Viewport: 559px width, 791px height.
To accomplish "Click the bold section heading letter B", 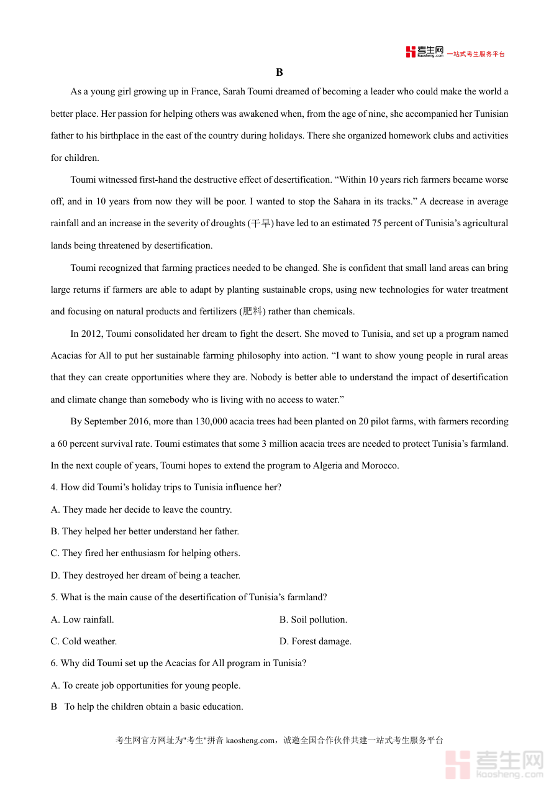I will click(x=279, y=73).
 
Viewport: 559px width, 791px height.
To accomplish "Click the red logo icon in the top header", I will click(x=411, y=52).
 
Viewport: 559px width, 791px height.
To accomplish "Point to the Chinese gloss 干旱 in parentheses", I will click(x=260, y=224).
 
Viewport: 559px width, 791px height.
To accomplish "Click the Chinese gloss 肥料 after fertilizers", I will click(x=252, y=311).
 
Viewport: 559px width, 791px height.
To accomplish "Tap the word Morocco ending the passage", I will click(x=379, y=465).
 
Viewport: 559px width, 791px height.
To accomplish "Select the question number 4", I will click(x=53, y=487).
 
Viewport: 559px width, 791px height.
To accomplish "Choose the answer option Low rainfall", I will click(x=88, y=620).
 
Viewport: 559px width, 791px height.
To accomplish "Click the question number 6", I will click(x=53, y=663).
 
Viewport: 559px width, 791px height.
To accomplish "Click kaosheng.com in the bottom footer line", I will click(x=250, y=740).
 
